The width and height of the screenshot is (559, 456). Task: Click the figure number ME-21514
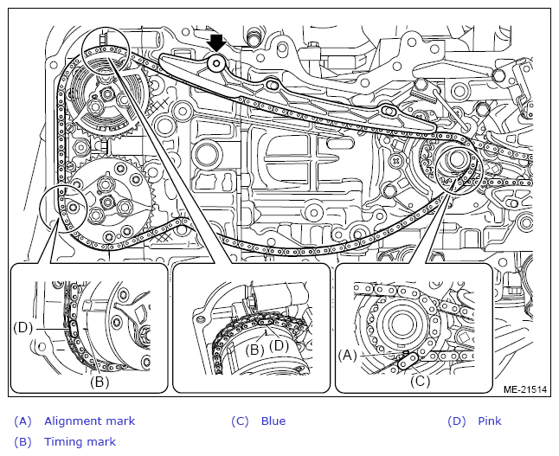(525, 390)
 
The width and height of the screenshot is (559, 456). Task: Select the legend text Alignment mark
(89, 421)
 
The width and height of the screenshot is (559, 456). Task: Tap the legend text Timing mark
(80, 442)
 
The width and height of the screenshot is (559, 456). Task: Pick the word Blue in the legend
(273, 421)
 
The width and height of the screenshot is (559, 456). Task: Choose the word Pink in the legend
(489, 421)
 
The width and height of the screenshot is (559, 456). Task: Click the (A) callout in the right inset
(347, 354)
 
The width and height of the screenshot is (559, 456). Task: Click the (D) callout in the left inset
(23, 327)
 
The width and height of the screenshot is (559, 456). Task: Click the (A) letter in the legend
(22, 421)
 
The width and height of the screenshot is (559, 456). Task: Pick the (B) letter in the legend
(22, 442)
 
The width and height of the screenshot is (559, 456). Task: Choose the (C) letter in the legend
(240, 421)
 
